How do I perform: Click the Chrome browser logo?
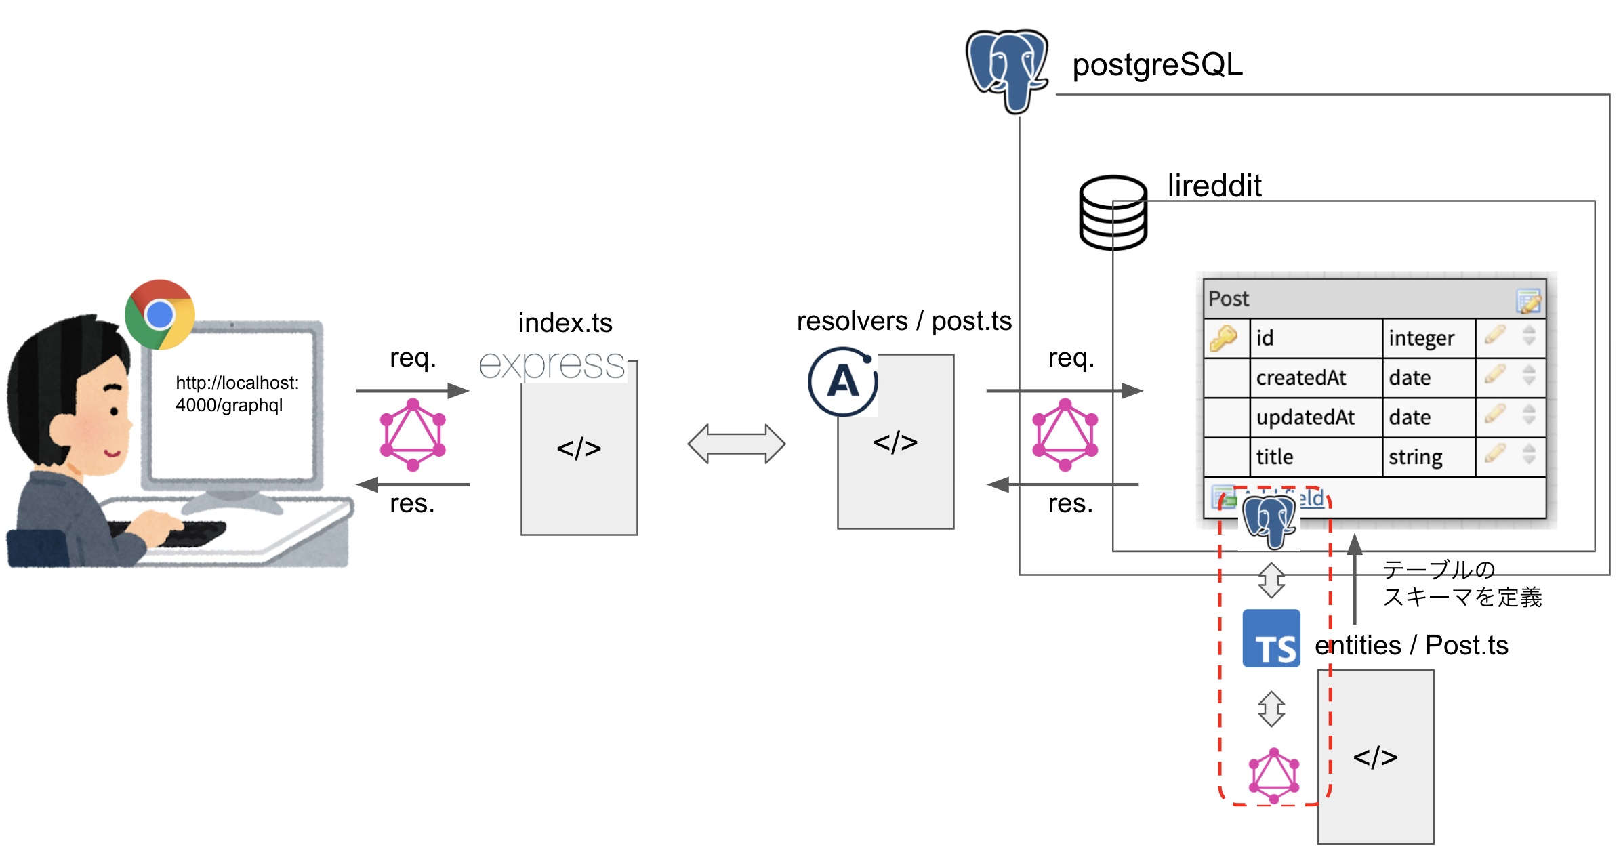click(x=160, y=314)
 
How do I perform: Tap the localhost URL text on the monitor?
click(x=237, y=394)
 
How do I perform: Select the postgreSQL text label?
click(x=1157, y=65)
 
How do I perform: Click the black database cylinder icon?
click(x=1112, y=213)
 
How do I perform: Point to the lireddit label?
click(x=1214, y=186)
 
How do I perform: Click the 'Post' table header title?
click(x=1228, y=299)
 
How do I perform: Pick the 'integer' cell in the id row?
click(x=1421, y=338)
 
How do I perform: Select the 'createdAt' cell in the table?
click(x=1300, y=377)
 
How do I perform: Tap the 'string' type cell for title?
click(x=1415, y=457)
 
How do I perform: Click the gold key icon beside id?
click(x=1223, y=338)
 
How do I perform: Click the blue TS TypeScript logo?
click(x=1271, y=638)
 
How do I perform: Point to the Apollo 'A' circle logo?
click(x=843, y=381)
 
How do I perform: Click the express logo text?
click(x=552, y=365)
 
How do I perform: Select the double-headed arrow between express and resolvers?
click(x=736, y=444)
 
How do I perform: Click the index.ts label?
click(x=565, y=323)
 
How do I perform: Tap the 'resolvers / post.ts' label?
click(x=904, y=321)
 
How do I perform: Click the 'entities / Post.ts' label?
click(x=1411, y=645)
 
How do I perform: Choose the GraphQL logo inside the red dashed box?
click(x=1274, y=776)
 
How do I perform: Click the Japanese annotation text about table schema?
click(x=1461, y=583)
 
